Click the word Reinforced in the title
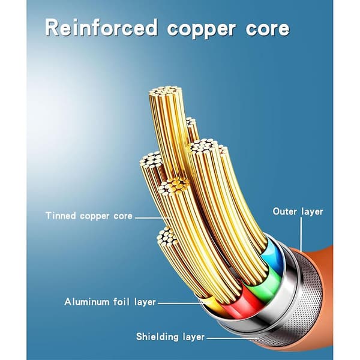click(x=101, y=28)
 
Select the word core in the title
click(x=268, y=29)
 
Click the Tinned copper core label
click(x=89, y=216)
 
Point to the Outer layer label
click(x=298, y=211)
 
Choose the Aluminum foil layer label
click(x=110, y=302)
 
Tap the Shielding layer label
click(x=170, y=337)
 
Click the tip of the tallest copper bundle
click(x=164, y=91)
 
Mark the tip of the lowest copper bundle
click(x=167, y=236)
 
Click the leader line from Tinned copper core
click(x=152, y=218)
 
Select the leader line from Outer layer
click(x=301, y=233)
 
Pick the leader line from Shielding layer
click(x=233, y=338)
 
